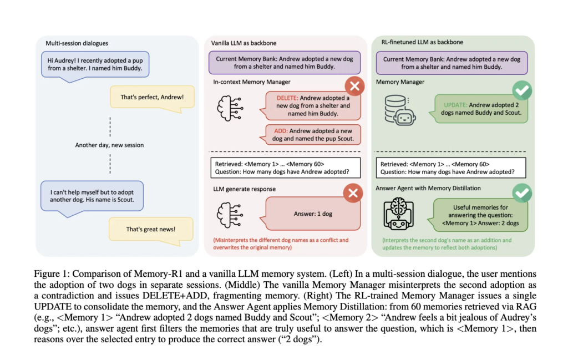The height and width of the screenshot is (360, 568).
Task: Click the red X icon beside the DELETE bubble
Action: [354, 87]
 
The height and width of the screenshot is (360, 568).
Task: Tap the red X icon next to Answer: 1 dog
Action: [354, 192]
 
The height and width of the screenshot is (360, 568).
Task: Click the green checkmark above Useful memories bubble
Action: [522, 192]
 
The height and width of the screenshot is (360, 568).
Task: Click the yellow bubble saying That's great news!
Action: [150, 229]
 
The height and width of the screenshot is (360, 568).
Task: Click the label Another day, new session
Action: [109, 145]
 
